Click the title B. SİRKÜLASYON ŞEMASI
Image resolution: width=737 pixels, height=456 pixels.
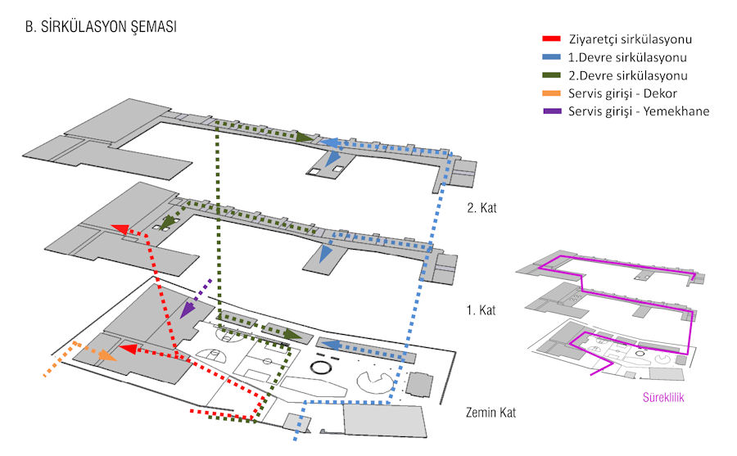click(x=102, y=27)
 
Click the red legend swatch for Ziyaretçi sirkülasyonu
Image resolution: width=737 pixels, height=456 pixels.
click(x=551, y=39)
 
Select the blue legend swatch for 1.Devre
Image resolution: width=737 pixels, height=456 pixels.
click(x=551, y=57)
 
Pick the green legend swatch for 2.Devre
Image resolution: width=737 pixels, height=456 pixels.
click(x=551, y=75)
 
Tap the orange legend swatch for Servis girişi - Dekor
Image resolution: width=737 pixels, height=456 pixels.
click(x=551, y=93)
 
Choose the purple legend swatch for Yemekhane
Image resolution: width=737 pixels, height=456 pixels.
click(x=551, y=111)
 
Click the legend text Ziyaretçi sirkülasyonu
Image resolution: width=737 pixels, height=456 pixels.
click(x=627, y=39)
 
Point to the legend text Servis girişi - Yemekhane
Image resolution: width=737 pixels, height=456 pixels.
click(x=639, y=111)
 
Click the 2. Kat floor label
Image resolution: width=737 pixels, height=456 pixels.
click(x=481, y=208)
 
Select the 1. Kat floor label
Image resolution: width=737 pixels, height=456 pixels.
click(x=481, y=311)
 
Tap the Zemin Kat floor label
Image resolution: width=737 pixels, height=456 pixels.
click(x=491, y=412)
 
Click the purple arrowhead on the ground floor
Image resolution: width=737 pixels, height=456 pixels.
click(x=188, y=309)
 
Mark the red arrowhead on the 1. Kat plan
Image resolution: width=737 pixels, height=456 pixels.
click(x=120, y=230)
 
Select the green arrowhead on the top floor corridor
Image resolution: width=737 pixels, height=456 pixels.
click(x=304, y=138)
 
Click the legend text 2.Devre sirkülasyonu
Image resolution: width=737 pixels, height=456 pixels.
click(x=627, y=75)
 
